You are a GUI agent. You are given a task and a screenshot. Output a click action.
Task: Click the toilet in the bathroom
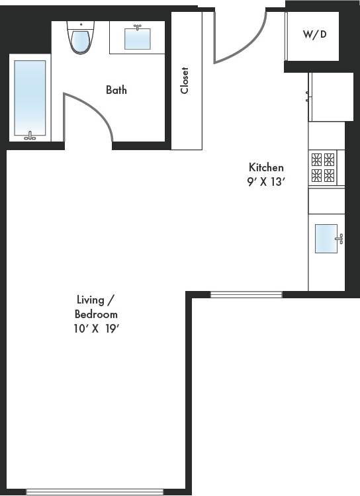tap(80, 38)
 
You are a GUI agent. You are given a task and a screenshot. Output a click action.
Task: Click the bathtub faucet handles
tap(30, 136)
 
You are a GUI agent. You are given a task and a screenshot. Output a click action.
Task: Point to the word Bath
tap(116, 90)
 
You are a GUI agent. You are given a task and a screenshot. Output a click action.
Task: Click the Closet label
tap(185, 81)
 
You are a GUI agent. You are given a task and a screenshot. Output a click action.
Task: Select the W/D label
tap(314, 34)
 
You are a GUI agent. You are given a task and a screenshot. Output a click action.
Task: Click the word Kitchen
tap(266, 167)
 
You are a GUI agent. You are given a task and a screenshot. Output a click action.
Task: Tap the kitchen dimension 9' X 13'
tap(266, 183)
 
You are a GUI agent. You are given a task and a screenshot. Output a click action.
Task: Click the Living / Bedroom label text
tap(96, 308)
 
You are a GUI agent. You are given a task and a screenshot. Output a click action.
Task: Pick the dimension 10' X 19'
tap(96, 328)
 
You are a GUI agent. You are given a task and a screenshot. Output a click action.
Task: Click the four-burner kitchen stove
tap(323, 167)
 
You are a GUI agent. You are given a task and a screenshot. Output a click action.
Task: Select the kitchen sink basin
tap(326, 238)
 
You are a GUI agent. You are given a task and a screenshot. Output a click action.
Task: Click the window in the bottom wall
tap(94, 491)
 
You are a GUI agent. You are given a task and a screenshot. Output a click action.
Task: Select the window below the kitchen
tap(246, 294)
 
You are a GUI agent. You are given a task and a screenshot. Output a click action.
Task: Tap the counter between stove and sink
tap(326, 200)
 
